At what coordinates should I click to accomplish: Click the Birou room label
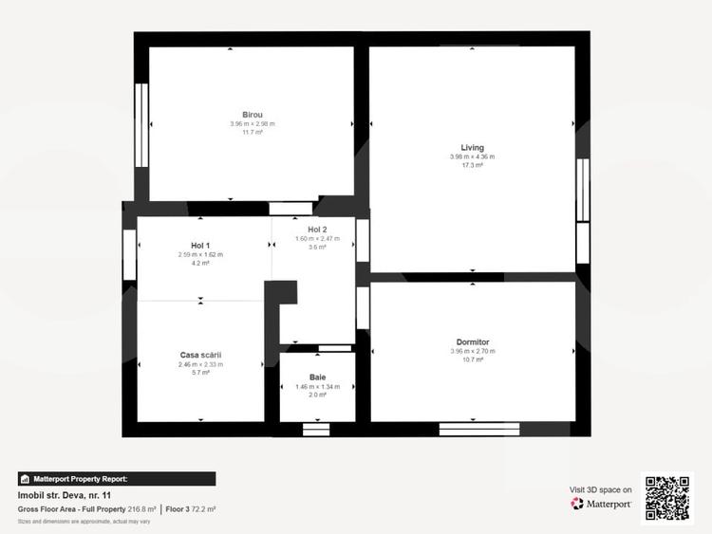[252, 114]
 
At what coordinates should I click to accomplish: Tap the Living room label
[472, 148]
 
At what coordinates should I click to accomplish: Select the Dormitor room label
[472, 342]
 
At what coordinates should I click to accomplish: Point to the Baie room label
[317, 377]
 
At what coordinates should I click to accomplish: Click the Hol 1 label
[200, 246]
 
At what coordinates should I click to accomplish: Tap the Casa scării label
[200, 356]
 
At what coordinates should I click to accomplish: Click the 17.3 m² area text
[472, 166]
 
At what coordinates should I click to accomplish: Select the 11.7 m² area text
[252, 133]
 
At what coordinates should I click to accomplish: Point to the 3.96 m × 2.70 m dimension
[472, 352]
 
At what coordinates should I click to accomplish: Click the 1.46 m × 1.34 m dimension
[317, 387]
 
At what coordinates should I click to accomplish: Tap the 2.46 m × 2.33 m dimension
[200, 365]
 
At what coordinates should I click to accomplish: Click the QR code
[667, 496]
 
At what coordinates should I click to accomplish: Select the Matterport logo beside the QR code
[601, 504]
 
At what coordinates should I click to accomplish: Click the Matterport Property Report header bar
[117, 479]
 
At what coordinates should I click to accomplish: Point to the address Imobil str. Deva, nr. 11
[65, 495]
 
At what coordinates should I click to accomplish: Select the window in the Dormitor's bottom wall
[472, 430]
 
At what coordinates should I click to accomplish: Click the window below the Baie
[316, 430]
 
